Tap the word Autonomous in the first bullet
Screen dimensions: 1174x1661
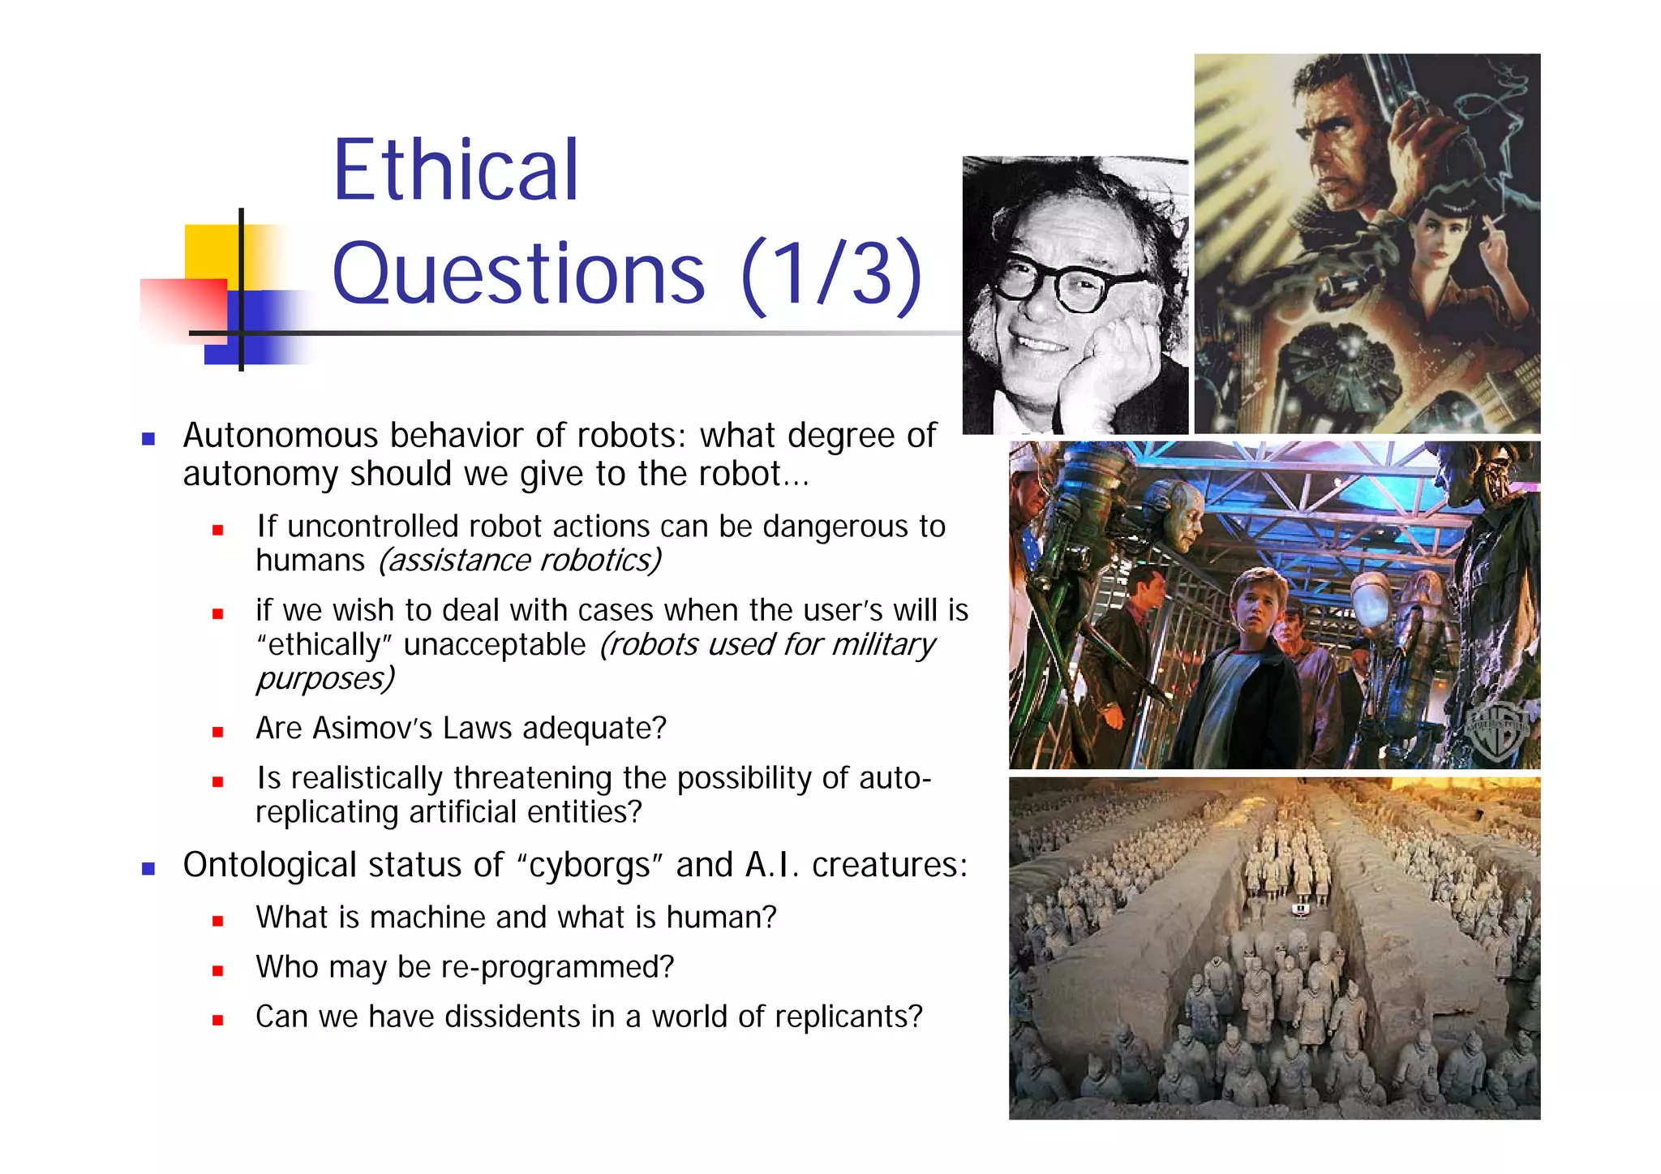click(x=281, y=436)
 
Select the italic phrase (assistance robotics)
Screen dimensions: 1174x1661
click(x=520, y=561)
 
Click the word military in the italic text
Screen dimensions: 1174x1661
click(x=883, y=644)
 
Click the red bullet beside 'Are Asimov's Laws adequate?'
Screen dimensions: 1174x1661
click(x=217, y=732)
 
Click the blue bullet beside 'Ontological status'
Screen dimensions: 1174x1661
click(x=148, y=869)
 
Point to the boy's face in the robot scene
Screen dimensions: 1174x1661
click(x=1251, y=609)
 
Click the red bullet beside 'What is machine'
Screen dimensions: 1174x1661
click(x=217, y=921)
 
